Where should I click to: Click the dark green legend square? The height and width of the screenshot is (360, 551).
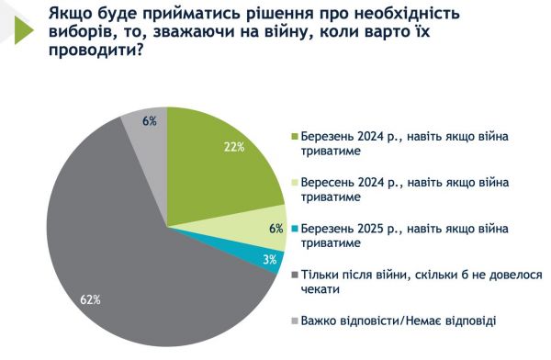[x=295, y=138]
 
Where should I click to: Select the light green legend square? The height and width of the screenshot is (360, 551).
[x=295, y=184]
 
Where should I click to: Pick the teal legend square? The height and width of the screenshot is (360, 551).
[x=295, y=229]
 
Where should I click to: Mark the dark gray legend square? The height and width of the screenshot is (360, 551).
[x=295, y=275]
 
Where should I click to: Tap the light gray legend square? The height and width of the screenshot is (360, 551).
[x=295, y=320]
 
